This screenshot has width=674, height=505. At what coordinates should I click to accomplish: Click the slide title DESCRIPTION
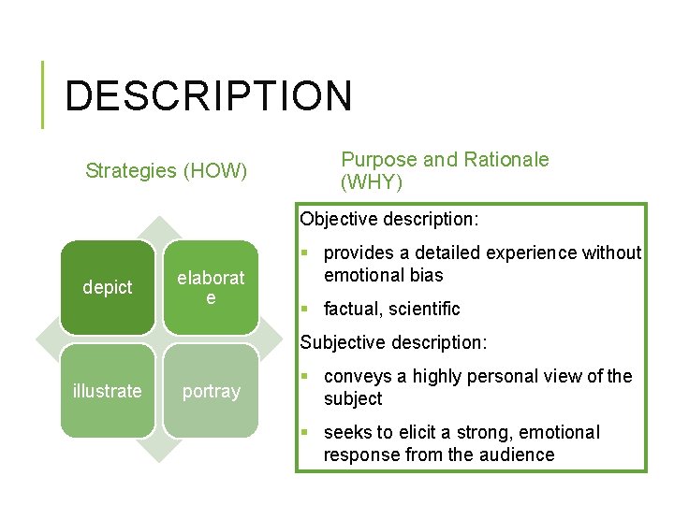tap(209, 96)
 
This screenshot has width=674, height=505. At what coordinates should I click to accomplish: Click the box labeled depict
tap(108, 287)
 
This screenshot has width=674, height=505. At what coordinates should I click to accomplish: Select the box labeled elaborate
tap(211, 287)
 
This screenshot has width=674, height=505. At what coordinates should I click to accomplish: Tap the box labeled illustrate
tap(108, 391)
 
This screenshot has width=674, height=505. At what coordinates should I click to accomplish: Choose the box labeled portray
tap(211, 391)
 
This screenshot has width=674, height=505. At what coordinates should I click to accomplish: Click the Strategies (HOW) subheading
tap(166, 170)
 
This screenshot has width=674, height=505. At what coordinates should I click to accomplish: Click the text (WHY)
tap(372, 182)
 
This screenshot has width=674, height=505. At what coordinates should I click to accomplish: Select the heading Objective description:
tap(389, 220)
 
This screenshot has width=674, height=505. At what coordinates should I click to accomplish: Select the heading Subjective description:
tap(393, 342)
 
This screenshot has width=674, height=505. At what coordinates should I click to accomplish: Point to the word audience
tap(520, 454)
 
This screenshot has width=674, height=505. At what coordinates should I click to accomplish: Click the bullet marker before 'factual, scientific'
tap(308, 309)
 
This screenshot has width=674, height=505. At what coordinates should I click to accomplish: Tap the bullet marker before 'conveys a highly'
tap(308, 376)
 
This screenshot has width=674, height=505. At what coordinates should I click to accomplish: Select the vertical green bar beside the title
tap(43, 94)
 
